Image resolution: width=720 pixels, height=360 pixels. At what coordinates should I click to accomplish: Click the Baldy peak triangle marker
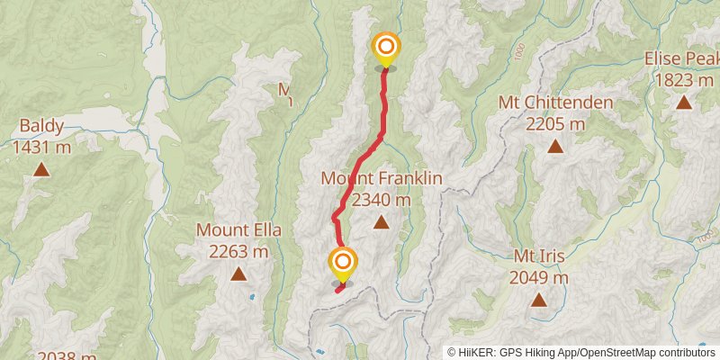click(x=40, y=168)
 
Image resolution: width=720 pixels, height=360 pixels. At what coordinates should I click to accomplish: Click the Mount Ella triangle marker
click(x=238, y=274)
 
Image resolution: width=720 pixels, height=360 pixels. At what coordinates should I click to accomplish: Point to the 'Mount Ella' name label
click(x=238, y=230)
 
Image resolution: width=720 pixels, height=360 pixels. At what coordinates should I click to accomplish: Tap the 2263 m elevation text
click(x=238, y=251)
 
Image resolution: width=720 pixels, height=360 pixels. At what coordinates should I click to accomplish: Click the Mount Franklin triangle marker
click(x=381, y=221)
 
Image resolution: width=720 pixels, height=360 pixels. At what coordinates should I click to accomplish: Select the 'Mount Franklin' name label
click(x=382, y=178)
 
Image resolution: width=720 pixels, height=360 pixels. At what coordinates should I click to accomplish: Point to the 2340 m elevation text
click(x=382, y=199)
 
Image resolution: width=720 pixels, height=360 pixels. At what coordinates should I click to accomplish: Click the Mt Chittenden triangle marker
click(x=555, y=145)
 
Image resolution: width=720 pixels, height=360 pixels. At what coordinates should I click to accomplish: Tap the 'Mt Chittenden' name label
click(x=555, y=102)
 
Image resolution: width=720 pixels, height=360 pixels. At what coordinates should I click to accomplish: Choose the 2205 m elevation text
click(x=555, y=123)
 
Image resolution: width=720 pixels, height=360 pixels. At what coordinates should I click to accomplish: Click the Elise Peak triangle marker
click(x=684, y=102)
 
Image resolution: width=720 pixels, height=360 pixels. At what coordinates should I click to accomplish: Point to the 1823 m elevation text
click(x=684, y=80)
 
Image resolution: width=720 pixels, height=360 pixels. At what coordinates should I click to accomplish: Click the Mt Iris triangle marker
click(x=538, y=300)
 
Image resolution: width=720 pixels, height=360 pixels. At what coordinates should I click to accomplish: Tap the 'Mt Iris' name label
click(x=538, y=256)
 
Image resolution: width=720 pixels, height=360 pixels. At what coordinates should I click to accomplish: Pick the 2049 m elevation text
click(x=538, y=278)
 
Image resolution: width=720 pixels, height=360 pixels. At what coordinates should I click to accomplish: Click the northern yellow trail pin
click(x=385, y=48)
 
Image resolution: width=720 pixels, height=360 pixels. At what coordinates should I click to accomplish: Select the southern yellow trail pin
click(x=343, y=264)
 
